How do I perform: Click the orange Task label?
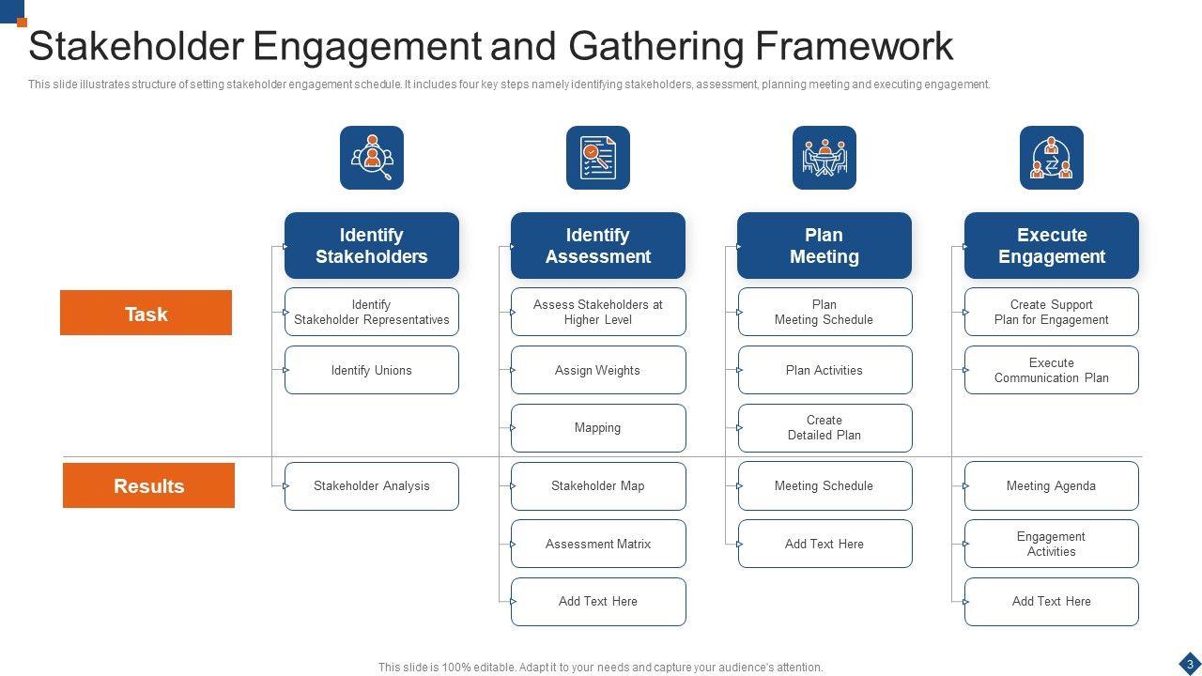click(146, 313)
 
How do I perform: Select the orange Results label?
click(148, 485)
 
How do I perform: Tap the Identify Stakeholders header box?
click(372, 245)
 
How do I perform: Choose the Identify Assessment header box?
click(598, 245)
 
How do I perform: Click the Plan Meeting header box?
click(824, 245)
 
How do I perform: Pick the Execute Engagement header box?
click(1052, 245)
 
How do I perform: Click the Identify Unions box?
click(372, 370)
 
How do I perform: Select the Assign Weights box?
click(598, 370)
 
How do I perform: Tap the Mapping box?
click(598, 428)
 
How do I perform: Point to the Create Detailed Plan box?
click(824, 428)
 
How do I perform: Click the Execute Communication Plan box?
click(1052, 370)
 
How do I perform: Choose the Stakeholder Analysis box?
click(372, 486)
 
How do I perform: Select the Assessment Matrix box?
click(598, 544)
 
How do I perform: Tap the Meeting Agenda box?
click(1052, 486)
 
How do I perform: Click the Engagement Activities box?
click(1052, 544)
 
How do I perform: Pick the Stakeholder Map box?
click(598, 486)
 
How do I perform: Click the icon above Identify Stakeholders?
click(372, 158)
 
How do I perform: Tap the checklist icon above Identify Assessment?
click(598, 158)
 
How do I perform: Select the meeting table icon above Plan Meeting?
click(824, 158)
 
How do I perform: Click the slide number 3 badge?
click(1190, 664)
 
